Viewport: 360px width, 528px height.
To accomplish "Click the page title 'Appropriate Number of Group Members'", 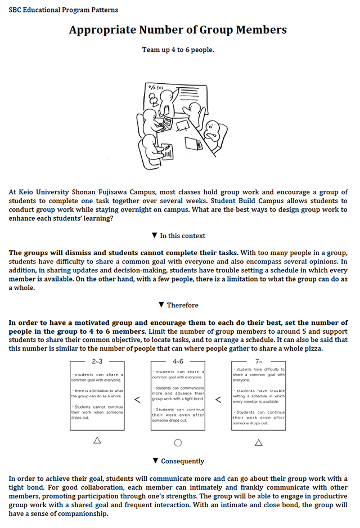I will [178, 30].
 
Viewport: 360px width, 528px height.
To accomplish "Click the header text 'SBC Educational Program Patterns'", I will [64, 10].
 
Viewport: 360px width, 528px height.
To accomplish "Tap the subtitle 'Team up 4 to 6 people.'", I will [178, 50].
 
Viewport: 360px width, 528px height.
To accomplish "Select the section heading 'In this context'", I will [183, 236].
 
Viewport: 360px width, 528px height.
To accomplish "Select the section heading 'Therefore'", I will [182, 305].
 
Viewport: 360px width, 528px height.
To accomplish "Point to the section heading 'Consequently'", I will [182, 461].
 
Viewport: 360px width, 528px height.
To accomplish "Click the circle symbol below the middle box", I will [178, 442].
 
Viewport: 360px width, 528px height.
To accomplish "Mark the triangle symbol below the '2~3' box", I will [97, 441].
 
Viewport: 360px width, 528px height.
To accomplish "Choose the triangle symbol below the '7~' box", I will [259, 442].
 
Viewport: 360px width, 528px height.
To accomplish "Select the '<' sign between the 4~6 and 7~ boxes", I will [218, 400].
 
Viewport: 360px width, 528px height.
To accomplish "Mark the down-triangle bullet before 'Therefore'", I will [161, 305].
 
